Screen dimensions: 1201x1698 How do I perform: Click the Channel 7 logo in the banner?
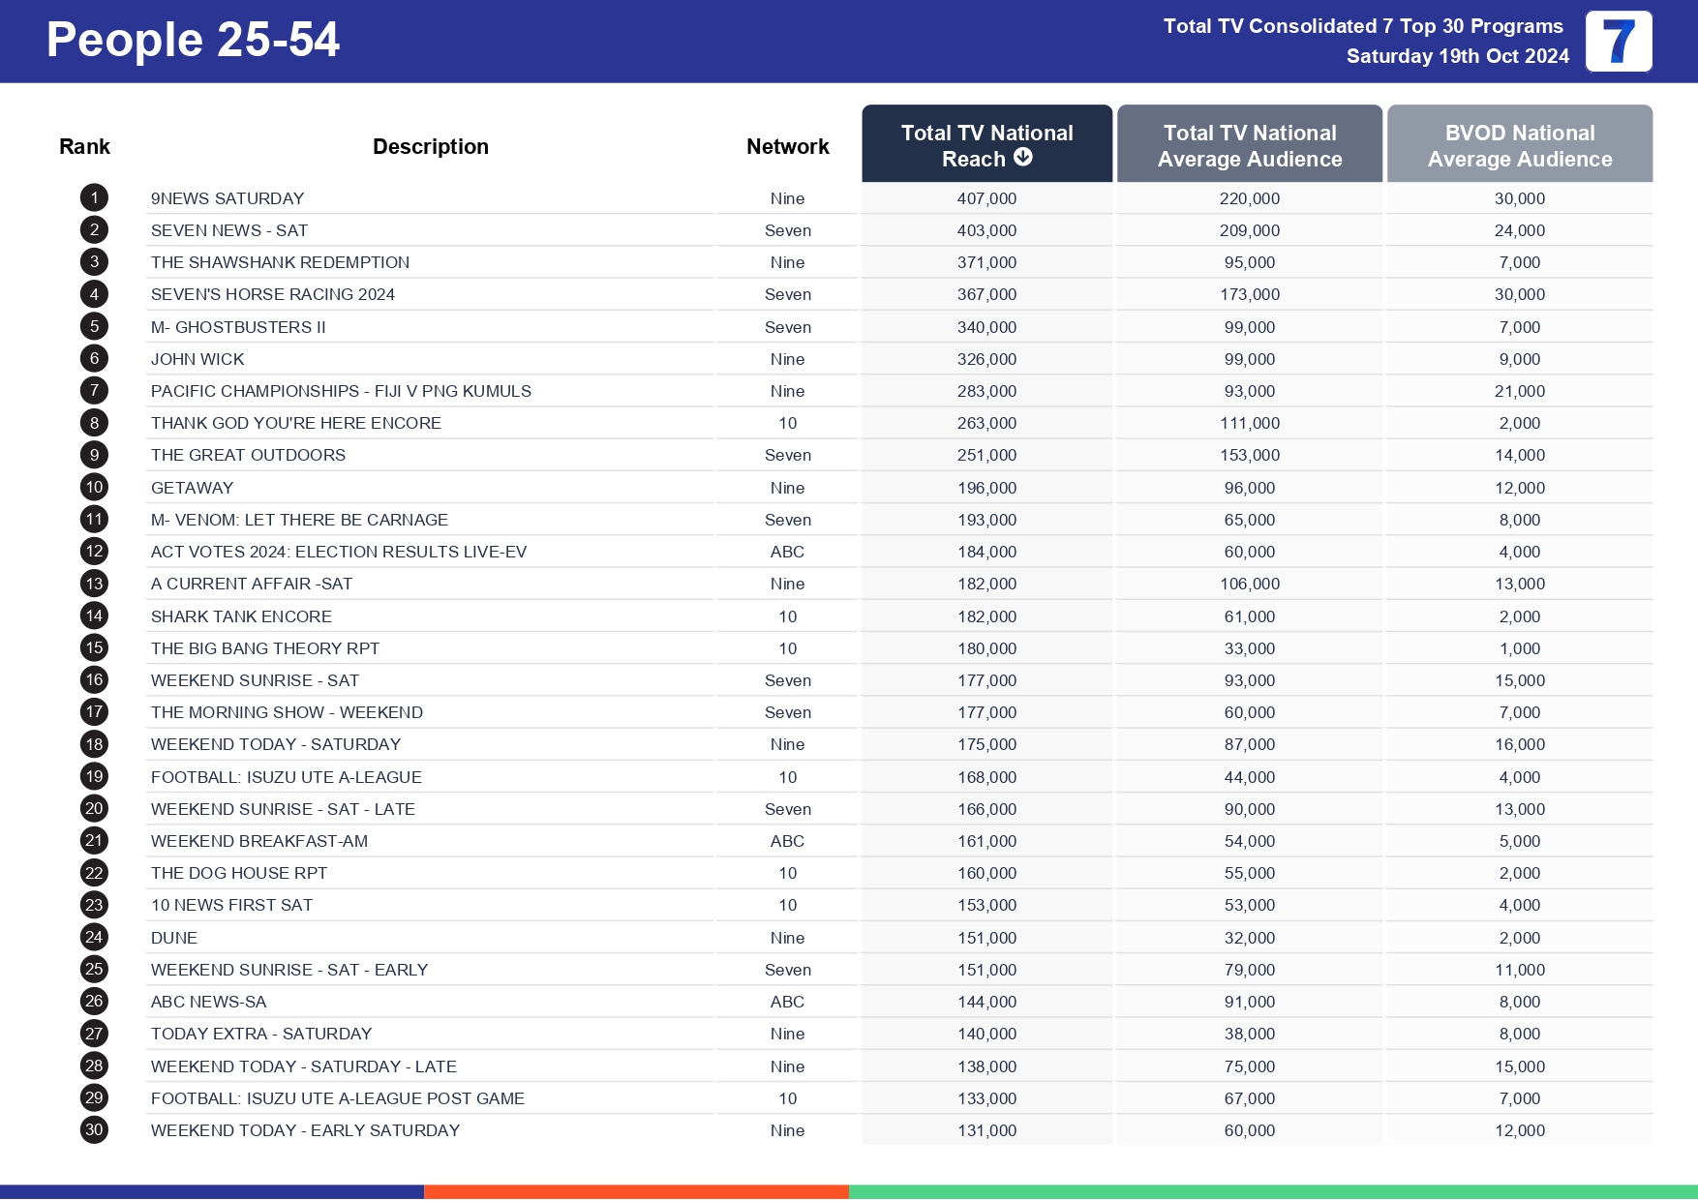[x=1618, y=42]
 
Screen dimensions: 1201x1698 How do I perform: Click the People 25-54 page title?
[x=193, y=41]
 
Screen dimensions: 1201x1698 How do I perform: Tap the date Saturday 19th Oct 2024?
[x=1457, y=56]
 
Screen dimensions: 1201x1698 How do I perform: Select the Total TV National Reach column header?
[x=986, y=144]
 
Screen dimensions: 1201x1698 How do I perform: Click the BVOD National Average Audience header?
[x=1519, y=145]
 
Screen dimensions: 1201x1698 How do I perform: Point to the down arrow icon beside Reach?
[x=1023, y=158]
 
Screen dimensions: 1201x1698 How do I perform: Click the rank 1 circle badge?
[x=94, y=198]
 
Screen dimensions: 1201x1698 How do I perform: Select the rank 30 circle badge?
[x=94, y=1129]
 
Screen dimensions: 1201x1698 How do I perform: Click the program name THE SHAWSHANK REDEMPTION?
[x=280, y=262]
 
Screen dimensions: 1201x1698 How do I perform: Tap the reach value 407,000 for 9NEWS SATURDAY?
[x=986, y=198]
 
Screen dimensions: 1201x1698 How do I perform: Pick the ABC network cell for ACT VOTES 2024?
[x=787, y=552]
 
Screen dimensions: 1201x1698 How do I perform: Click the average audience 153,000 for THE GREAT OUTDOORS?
[x=1249, y=455]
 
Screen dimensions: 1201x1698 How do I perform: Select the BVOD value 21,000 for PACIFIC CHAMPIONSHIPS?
[x=1519, y=391]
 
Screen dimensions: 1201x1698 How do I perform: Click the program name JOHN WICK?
[x=197, y=359]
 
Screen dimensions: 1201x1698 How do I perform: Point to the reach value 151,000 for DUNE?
[x=986, y=938]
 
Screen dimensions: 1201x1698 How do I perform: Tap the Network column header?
[x=787, y=146]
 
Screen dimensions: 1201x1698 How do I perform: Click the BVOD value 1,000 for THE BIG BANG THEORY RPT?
[x=1519, y=648]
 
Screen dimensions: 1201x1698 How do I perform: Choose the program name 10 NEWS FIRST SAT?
[x=231, y=905]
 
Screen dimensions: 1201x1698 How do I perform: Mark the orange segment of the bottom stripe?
[x=636, y=1191]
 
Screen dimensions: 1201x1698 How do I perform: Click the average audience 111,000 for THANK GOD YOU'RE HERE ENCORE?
[x=1249, y=423]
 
